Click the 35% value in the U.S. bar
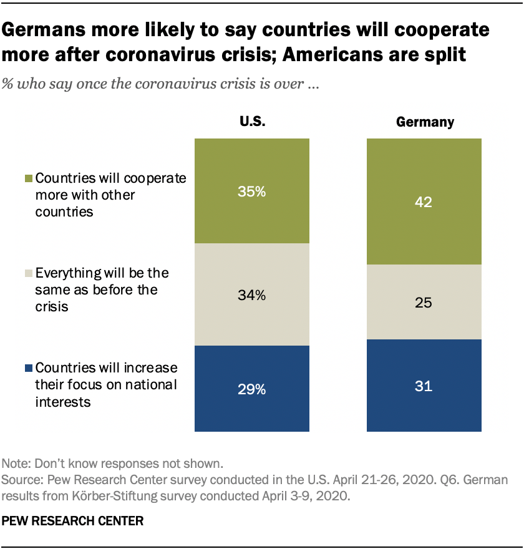click(x=252, y=192)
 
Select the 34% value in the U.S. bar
click(x=252, y=296)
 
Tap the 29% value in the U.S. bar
click(x=252, y=390)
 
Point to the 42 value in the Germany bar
click(x=424, y=202)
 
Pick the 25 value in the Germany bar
click(x=424, y=303)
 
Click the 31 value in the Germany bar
click(x=424, y=386)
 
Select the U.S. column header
click(x=252, y=122)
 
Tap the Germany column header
click(x=425, y=122)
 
